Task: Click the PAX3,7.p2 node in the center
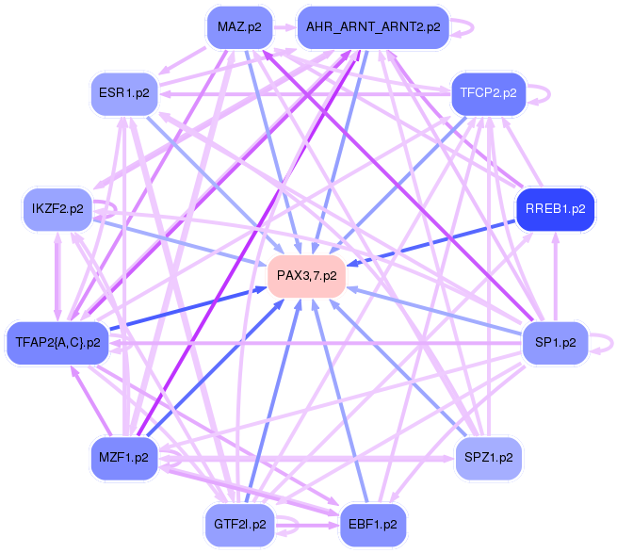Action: tap(306, 276)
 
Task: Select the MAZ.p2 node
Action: tap(239, 27)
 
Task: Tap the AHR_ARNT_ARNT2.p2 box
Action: tap(373, 27)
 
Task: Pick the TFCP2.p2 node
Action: tap(488, 92)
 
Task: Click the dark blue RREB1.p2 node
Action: tap(555, 209)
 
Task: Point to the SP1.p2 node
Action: tap(556, 341)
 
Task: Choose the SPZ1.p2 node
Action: tap(488, 457)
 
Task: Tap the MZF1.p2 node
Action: tap(122, 458)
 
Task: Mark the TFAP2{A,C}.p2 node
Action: tap(57, 341)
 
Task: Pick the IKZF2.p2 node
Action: tap(57, 208)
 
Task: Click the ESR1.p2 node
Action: tap(123, 92)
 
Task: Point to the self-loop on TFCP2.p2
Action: tap(544, 93)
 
